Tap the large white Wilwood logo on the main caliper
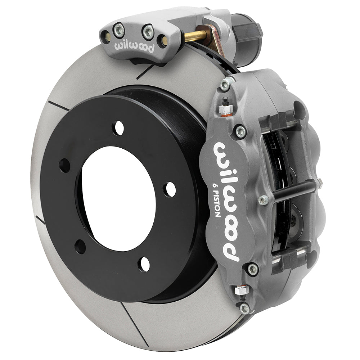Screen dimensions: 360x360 pos(227,202)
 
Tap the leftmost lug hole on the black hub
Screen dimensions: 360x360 pos(65,165)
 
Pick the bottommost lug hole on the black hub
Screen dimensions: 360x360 pos(144,265)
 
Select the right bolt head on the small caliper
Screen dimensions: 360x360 pos(148,32)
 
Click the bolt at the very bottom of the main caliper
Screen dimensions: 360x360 pos(245,308)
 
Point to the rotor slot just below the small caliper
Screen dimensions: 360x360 pos(145,72)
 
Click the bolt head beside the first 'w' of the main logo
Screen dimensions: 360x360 pos(240,131)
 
